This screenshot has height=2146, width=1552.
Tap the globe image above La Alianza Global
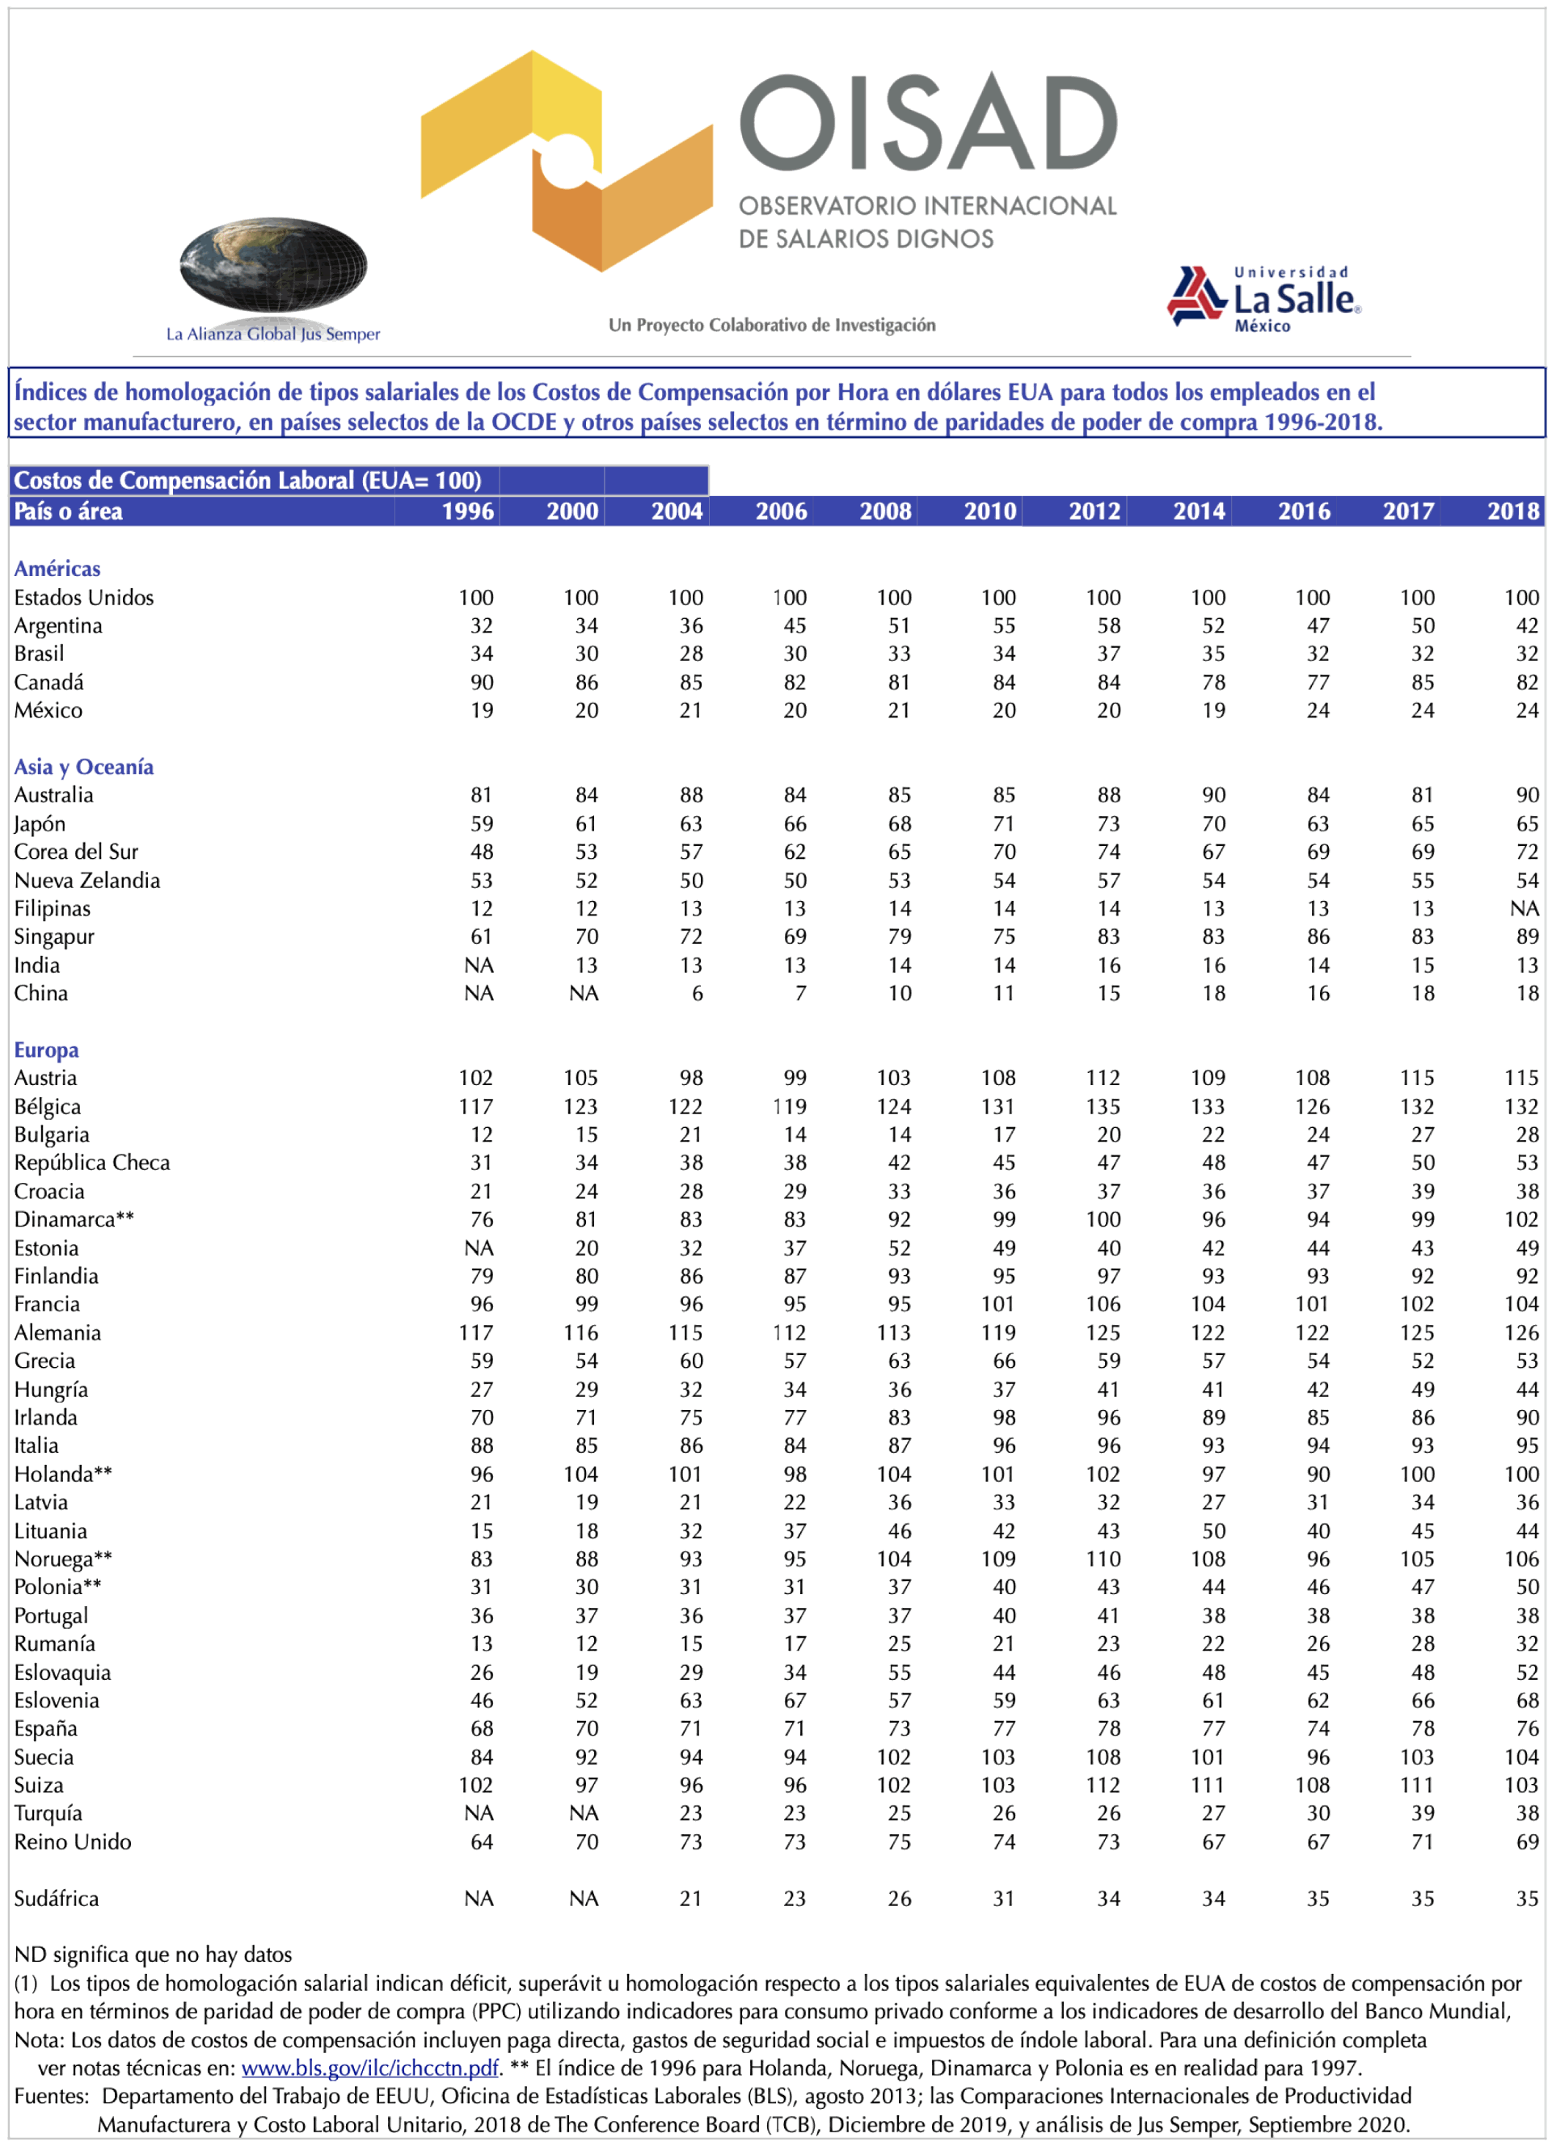pos(272,265)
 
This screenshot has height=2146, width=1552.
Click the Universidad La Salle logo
pos(1264,299)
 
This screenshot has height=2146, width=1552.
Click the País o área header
pos(68,512)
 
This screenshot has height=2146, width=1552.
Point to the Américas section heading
pos(57,569)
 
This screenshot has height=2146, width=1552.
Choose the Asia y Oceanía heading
pos(83,768)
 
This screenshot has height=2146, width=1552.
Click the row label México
pos(48,710)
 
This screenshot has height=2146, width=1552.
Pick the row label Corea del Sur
pos(76,852)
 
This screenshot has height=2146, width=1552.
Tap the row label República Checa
pos(92,1163)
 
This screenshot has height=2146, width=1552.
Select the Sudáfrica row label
pos(56,1898)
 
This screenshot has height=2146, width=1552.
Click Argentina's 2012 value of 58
pos(1108,626)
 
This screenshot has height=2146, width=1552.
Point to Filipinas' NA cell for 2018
pos(1524,909)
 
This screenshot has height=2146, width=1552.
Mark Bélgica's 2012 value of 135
pos(1103,1107)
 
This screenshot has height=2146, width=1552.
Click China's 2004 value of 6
pos(698,994)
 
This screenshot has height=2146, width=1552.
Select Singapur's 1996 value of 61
pos(482,936)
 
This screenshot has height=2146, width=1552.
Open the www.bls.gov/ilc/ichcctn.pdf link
pos(369,2068)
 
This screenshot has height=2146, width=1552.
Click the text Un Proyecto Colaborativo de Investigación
pos(772,326)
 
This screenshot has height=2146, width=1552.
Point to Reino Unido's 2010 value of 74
pos(1003,1842)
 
